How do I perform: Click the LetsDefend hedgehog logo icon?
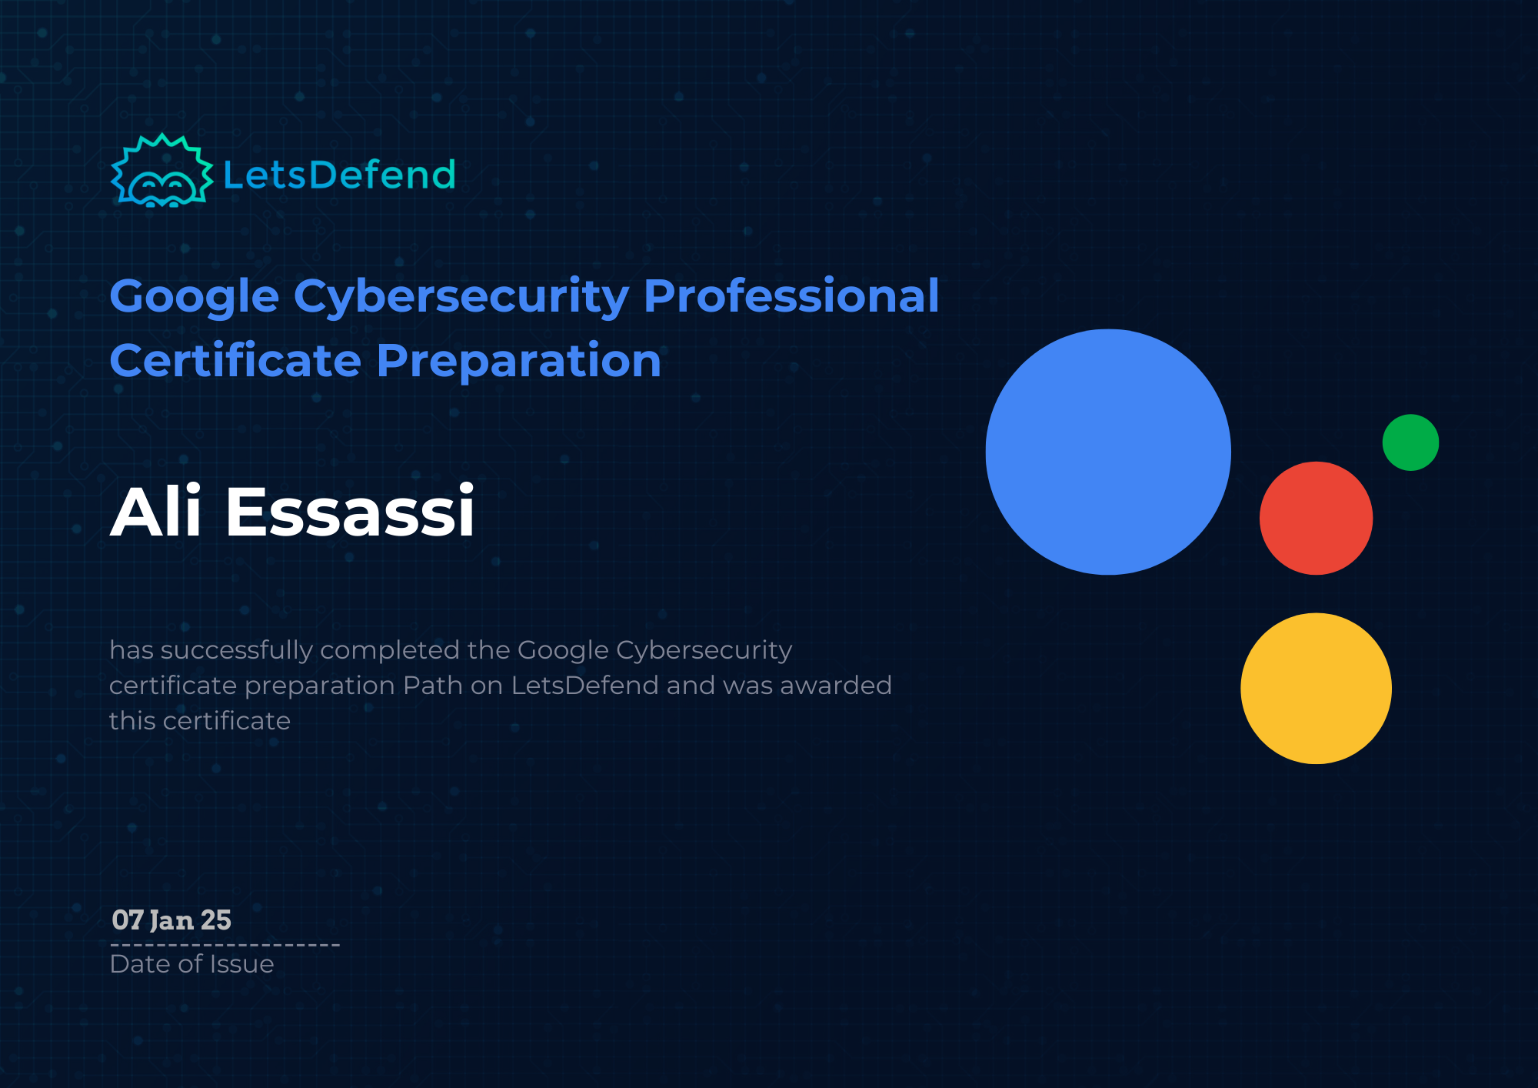161,172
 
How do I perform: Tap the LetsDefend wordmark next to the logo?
339,175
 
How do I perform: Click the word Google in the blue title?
194,297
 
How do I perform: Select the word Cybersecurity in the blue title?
461,297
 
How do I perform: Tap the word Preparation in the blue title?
519,362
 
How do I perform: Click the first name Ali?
156,511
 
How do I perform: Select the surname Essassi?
350,511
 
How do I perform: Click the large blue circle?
1108,452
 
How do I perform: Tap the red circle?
1316,518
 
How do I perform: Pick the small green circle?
1410,442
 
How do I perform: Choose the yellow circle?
1316,688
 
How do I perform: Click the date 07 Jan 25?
171,920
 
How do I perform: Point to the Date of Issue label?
191,964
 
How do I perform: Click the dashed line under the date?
225,945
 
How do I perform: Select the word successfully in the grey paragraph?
236,651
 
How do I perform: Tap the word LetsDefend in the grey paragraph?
584,686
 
